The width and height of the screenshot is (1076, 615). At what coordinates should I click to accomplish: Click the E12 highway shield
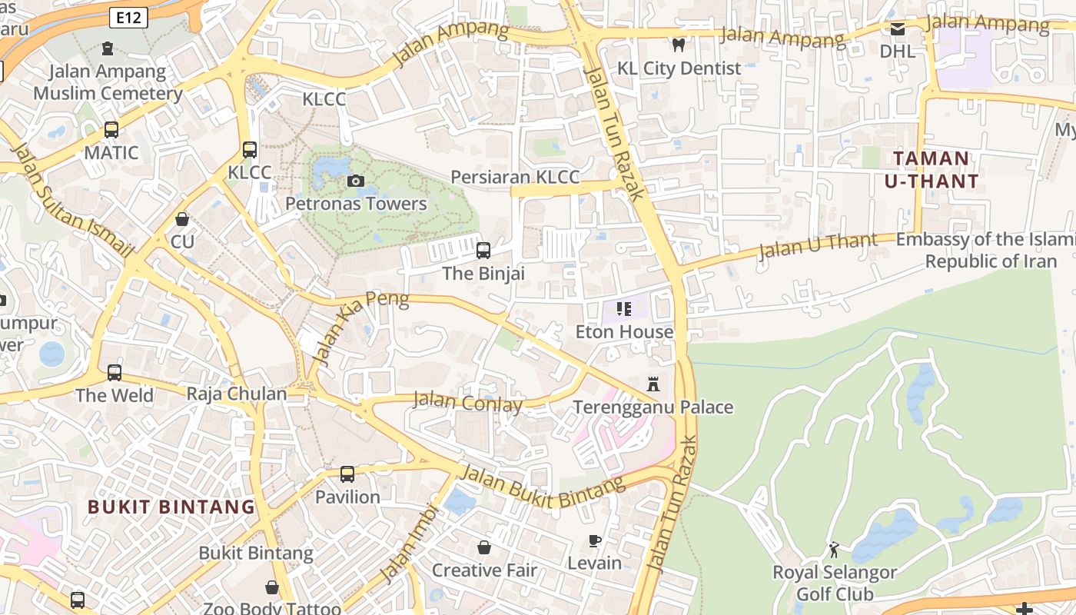click(x=128, y=18)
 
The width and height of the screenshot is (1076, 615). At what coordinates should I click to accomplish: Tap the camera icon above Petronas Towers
click(x=355, y=181)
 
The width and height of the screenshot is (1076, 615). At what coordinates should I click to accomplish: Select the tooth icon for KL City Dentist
click(x=678, y=45)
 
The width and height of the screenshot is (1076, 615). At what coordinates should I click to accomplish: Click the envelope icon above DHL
click(x=897, y=29)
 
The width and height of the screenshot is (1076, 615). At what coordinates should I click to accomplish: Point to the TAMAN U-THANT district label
click(x=932, y=170)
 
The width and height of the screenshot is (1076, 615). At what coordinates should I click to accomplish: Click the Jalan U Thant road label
click(x=818, y=246)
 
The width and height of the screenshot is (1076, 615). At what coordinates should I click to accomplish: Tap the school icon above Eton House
click(x=623, y=309)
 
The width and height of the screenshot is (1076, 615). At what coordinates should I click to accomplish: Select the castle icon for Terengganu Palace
click(x=653, y=384)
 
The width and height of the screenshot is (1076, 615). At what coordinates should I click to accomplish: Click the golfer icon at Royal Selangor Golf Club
click(x=834, y=550)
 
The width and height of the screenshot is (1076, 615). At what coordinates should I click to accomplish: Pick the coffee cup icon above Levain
click(x=594, y=540)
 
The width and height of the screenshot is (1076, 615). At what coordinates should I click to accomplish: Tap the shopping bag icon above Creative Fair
click(x=484, y=547)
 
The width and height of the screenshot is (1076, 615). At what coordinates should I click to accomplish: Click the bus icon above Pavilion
click(x=347, y=474)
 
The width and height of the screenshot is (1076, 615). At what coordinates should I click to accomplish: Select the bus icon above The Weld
click(x=115, y=373)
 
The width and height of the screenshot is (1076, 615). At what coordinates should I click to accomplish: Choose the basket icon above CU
click(x=182, y=219)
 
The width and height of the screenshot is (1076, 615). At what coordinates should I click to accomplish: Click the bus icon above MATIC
click(x=111, y=130)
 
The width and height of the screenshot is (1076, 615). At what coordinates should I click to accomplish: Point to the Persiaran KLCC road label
click(x=515, y=177)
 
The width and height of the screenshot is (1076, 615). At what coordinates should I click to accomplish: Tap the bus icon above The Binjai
click(x=483, y=250)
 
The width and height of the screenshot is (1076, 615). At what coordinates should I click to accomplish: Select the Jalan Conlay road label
click(x=467, y=401)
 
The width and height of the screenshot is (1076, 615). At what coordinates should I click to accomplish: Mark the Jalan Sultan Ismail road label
click(x=73, y=200)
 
